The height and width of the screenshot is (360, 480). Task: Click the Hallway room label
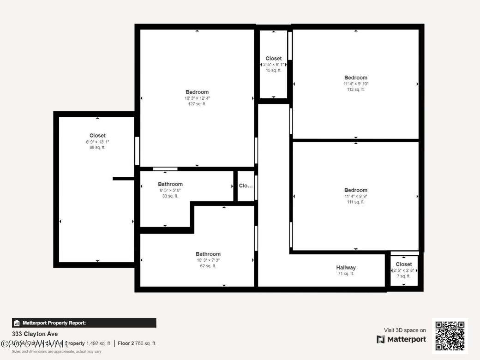pos(346,268)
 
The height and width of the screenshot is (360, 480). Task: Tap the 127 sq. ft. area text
pos(197,104)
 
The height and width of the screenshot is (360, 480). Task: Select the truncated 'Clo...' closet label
pos(246,186)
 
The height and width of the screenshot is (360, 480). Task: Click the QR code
pos(450,336)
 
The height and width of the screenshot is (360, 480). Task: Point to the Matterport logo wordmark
pos(401,339)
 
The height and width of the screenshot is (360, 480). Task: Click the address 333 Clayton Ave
pos(35,334)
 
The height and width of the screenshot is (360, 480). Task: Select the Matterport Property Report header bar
pos(84,323)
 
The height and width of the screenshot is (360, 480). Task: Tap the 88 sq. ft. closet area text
pos(97,148)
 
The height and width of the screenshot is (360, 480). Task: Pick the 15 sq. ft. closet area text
pos(273,70)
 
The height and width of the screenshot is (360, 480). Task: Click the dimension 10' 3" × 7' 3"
pos(208,260)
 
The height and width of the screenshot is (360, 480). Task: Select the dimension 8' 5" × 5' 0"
pos(170,190)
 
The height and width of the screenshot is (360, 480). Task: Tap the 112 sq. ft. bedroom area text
pos(356,90)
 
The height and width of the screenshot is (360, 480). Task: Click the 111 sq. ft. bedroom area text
pos(356,202)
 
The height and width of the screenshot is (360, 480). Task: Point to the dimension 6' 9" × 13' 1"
pos(97,142)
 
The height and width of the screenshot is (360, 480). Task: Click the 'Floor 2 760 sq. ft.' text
pos(137,343)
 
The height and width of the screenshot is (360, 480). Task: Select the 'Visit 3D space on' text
pos(405,330)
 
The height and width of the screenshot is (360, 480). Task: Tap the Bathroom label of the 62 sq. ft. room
pos(208,254)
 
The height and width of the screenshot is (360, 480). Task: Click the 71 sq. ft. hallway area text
pos(346,274)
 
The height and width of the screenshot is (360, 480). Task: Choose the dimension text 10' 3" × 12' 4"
pos(197,98)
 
